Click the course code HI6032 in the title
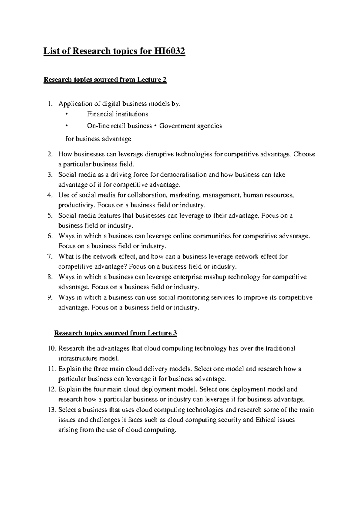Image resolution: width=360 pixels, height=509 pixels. pos(169,52)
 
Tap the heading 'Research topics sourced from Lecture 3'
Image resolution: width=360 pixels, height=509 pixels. pos(115,333)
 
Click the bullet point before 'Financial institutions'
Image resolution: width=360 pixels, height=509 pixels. pos(67,114)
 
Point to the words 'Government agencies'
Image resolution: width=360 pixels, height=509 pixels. pos(190,126)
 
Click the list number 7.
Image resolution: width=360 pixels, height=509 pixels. pos(50,257)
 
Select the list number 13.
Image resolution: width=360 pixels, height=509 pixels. pos(52,410)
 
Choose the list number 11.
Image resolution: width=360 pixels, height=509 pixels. pos(52,369)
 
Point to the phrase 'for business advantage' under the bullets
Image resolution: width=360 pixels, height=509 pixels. pos(98,139)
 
